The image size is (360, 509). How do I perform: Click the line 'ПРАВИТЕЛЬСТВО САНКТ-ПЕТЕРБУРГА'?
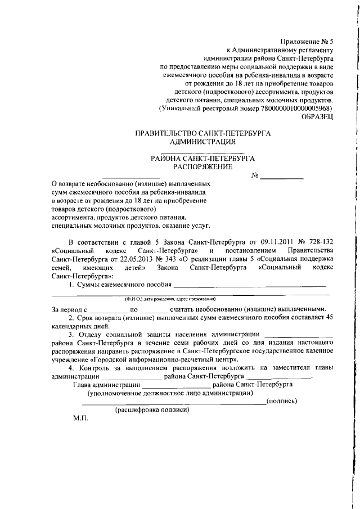[x=203, y=134]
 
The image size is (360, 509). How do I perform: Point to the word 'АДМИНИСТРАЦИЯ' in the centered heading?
[x=203, y=142]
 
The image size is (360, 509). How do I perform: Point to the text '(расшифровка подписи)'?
[x=152, y=409]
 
